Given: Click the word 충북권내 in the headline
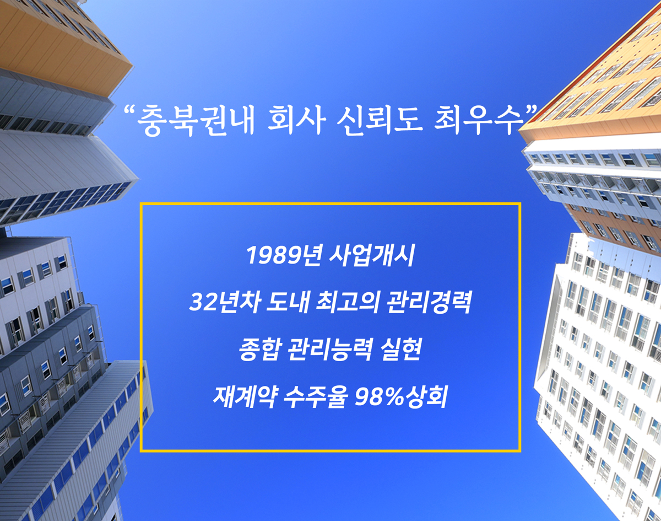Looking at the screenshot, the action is (x=196, y=120).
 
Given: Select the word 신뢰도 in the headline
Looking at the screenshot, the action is (x=380, y=120).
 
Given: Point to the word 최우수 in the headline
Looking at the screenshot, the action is (x=479, y=120).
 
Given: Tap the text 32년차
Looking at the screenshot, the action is (x=225, y=302).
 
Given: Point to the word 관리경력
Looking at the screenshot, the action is (x=428, y=302).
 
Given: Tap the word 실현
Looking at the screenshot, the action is (x=400, y=350).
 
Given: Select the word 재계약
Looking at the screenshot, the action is (x=244, y=397).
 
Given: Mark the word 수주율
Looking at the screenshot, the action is (x=316, y=397).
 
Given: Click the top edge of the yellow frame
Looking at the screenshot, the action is (x=330, y=203).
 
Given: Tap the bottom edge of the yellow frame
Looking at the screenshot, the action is (x=330, y=451).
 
